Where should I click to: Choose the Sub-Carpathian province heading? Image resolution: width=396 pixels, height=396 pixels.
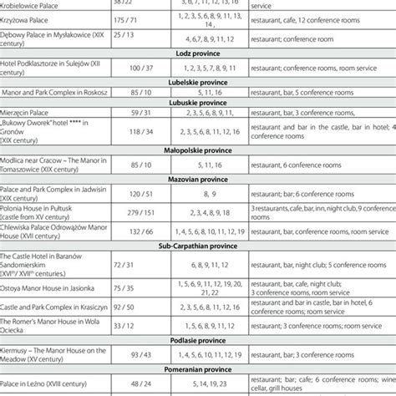[198, 246]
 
